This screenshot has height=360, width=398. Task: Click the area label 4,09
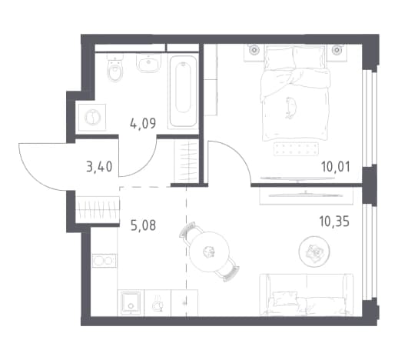pyautogui.click(x=143, y=124)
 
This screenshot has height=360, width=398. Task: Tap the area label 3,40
pyautogui.click(x=99, y=167)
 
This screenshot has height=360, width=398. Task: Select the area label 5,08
pyautogui.click(x=143, y=225)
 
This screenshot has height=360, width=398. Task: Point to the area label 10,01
pyautogui.click(x=336, y=167)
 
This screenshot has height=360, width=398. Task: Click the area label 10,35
pyautogui.click(x=334, y=221)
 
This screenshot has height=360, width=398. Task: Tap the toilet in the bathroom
pyautogui.click(x=114, y=68)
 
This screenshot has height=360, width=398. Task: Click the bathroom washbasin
pyautogui.click(x=149, y=63)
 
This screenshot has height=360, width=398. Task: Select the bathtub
pyautogui.click(x=183, y=91)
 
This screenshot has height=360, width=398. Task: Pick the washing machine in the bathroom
pyautogui.click(x=92, y=117)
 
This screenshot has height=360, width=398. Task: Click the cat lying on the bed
pyautogui.click(x=291, y=108)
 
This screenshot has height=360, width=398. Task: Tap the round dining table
pyautogui.click(x=209, y=252)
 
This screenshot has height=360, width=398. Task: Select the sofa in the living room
pyautogui.click(x=307, y=295)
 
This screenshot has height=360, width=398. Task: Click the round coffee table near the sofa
pyautogui.click(x=314, y=251)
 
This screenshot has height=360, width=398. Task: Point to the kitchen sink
pyautogui.click(x=131, y=302)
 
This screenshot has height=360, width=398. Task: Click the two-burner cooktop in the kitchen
pyautogui.click(x=104, y=261)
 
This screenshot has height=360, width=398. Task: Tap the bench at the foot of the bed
pyautogui.click(x=296, y=149)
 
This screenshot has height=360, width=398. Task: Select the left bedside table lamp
pyautogui.click(x=254, y=50)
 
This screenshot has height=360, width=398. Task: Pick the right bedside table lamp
pyautogui.click(x=337, y=50)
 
